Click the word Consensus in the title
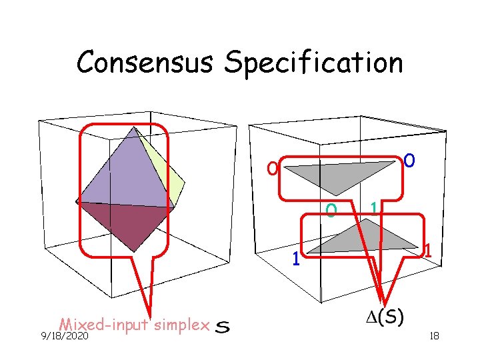pos(147,63)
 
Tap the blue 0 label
pos(411,161)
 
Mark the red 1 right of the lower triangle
pos(430,251)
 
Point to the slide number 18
pos(433,337)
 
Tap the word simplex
pos(181,325)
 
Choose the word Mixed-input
pos(103,325)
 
